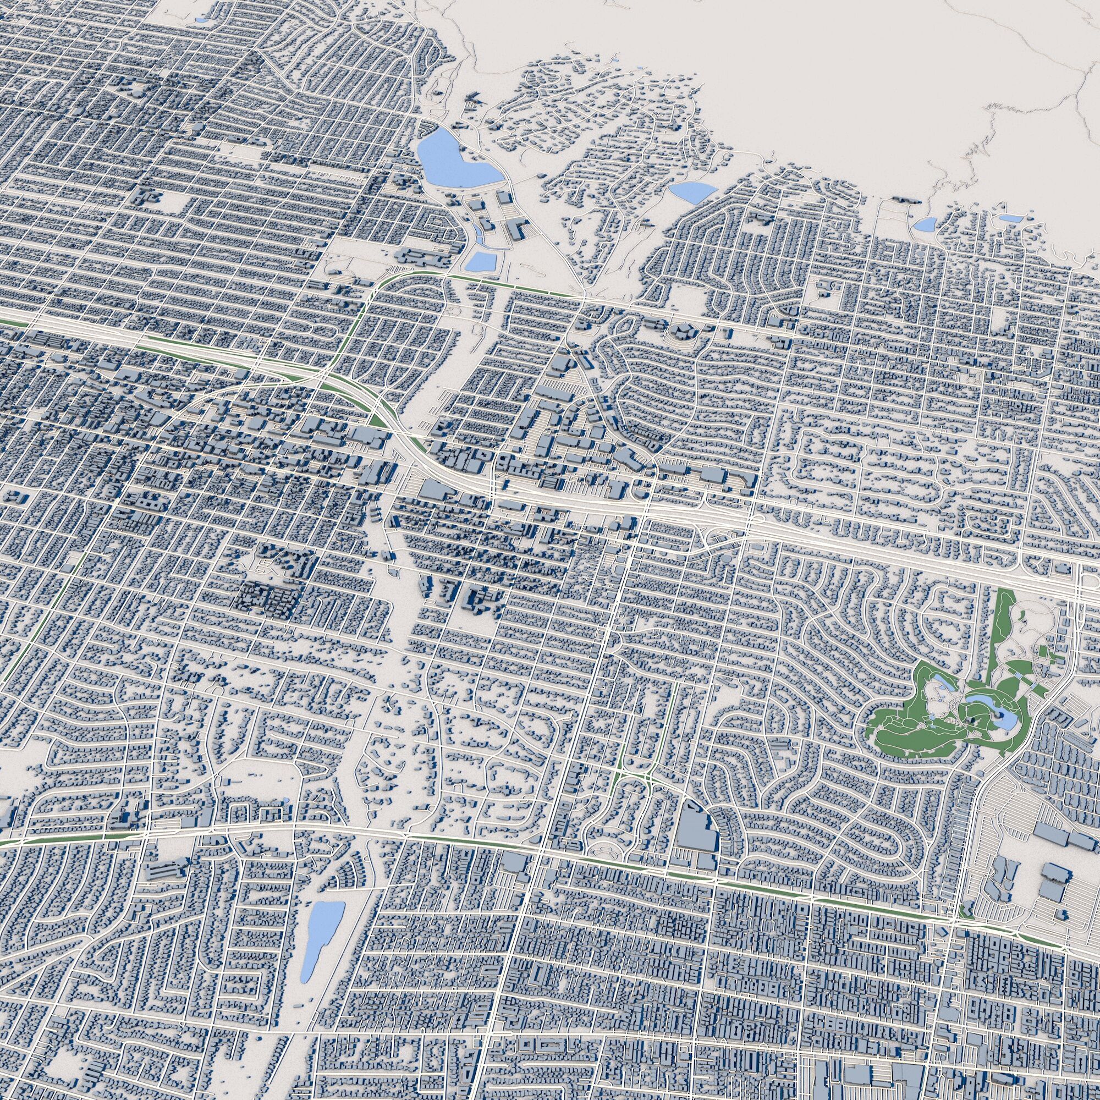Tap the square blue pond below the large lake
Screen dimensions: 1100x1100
point(481,261)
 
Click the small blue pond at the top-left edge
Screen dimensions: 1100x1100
point(200,19)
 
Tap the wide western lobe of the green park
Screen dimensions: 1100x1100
point(900,734)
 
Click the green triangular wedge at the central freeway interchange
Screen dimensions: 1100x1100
point(376,420)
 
